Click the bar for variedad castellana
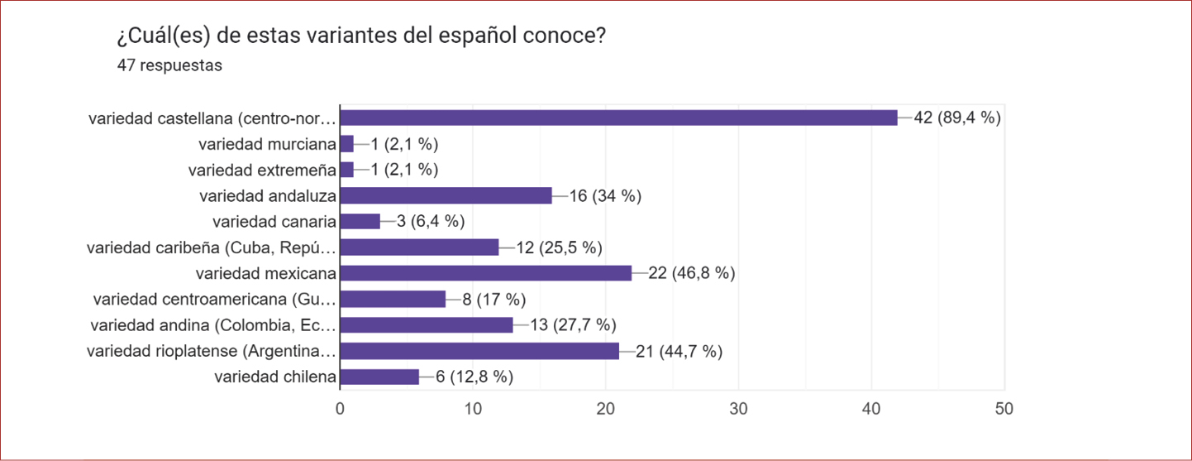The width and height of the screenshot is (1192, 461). point(618,118)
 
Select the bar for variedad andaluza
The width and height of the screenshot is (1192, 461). point(446,195)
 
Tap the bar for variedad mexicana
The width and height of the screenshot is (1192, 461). point(485,273)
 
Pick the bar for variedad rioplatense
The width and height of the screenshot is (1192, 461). point(479,351)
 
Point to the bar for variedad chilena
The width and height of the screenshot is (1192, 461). point(379,377)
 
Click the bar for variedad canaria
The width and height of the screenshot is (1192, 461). point(360,221)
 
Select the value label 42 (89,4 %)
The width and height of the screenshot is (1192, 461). point(957,118)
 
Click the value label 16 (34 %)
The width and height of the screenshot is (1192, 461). point(606,195)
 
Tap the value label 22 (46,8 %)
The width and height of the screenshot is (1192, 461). point(692,273)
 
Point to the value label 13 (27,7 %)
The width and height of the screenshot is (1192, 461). point(573,325)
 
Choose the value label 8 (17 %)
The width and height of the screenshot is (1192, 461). point(494,299)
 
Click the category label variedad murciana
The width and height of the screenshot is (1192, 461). point(267,144)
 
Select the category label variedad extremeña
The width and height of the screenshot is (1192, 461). point(262,170)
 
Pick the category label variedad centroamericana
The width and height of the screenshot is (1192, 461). point(215,299)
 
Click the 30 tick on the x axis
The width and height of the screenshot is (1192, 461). point(739,409)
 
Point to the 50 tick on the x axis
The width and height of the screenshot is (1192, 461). point(1004,409)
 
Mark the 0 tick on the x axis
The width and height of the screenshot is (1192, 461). point(340,409)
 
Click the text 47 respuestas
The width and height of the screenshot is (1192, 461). point(170,65)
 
